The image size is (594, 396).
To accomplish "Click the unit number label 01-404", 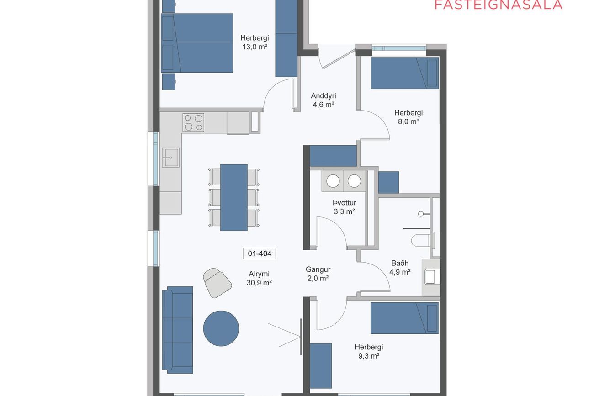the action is [259, 253].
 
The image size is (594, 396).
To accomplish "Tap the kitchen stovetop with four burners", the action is [193, 122].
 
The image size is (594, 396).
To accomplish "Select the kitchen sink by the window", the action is [170, 158].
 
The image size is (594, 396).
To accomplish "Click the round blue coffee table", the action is [221, 328].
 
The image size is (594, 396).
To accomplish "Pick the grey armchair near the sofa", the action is [217, 283].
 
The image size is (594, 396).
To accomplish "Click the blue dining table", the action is [233, 197].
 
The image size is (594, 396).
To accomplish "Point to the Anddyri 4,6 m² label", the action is [323, 100].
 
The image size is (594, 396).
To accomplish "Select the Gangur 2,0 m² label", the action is [318, 274].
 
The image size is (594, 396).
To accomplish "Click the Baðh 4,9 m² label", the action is [400, 268].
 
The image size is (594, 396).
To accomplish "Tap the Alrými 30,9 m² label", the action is [259, 278].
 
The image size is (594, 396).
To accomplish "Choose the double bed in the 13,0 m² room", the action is [197, 43].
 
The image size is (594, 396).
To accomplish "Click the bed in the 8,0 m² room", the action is [404, 73].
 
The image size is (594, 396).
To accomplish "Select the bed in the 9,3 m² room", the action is [404, 318].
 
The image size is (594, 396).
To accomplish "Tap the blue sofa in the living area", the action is [177, 330].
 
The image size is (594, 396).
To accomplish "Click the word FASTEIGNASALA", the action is [499, 5].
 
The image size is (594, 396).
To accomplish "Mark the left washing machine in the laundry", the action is [333, 181].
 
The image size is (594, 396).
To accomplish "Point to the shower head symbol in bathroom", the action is [420, 214].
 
